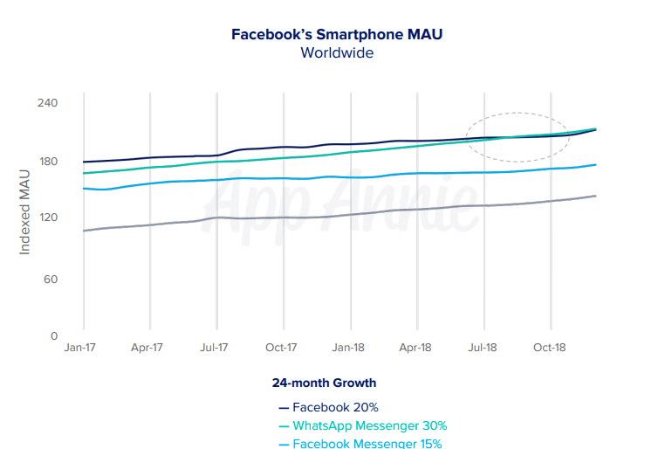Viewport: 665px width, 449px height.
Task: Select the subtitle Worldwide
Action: tap(337, 53)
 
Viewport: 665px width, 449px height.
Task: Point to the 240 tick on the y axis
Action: tap(47, 103)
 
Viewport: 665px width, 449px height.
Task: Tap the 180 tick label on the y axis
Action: tap(47, 162)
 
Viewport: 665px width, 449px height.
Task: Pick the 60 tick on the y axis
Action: tap(50, 280)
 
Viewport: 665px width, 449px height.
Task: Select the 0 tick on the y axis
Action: tap(53, 335)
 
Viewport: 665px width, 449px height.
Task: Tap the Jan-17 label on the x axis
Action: tap(81, 347)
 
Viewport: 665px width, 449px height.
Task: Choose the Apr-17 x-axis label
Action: tap(147, 347)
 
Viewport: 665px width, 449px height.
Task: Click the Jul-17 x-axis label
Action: tap(215, 347)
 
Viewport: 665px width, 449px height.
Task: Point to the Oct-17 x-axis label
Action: tap(281, 347)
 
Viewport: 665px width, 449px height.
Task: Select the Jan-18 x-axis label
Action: tap(348, 347)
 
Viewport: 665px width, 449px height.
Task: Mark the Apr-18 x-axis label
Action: tap(415, 347)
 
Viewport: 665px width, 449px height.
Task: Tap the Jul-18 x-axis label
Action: tap(483, 347)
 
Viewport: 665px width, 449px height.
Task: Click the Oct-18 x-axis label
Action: tap(550, 347)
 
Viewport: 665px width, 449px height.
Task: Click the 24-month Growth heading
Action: tap(324, 383)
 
